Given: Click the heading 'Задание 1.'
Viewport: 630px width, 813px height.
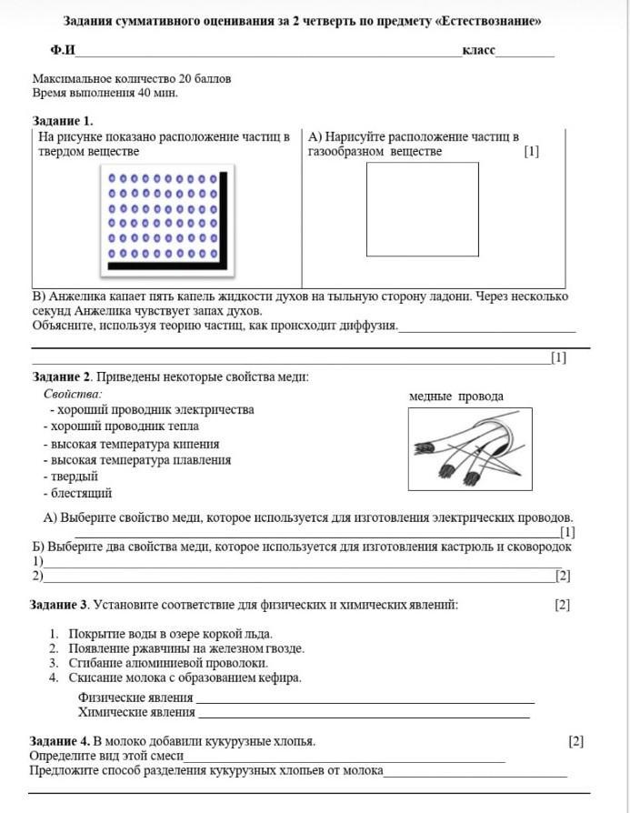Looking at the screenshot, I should [62, 120].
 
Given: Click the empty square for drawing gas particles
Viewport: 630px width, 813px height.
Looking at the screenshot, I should [422, 208].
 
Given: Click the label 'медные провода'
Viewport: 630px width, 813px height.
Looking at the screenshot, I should [455, 396].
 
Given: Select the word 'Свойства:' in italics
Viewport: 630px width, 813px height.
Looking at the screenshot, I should [73, 394].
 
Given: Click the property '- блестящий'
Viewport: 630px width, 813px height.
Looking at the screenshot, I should [77, 493].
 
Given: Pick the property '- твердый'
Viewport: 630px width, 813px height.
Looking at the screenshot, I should [70, 477].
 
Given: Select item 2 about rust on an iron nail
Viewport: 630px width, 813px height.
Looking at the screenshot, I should [177, 648].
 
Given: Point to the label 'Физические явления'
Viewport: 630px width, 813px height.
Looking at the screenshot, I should [135, 698].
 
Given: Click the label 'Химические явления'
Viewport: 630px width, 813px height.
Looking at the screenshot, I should [136, 712].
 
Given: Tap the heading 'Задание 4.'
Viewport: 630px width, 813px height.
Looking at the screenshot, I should [60, 741].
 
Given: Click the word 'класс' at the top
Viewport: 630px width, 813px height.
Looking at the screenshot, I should [478, 49].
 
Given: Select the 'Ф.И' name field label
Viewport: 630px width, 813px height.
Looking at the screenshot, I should [63, 50].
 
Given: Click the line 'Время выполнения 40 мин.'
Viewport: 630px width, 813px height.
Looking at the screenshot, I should [105, 93].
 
